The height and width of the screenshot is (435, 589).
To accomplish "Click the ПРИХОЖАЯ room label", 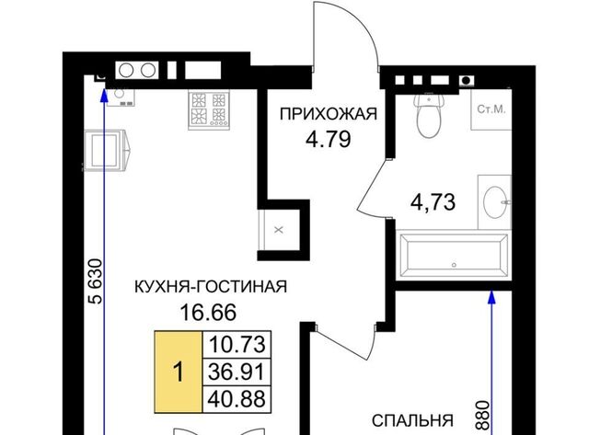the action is pos(329,113).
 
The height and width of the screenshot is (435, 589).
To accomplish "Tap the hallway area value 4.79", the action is pos(329,139).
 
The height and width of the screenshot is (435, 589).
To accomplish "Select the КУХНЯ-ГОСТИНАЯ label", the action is pos(211,287).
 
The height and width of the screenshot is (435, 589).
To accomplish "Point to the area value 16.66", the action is pos(209,313).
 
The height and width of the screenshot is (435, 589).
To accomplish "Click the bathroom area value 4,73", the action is pos(433,202).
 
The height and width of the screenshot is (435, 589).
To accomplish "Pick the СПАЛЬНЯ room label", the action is pos(413,420).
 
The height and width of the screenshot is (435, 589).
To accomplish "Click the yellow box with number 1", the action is pos(179,372).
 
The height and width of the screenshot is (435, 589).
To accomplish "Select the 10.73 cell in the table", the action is pos(237,345).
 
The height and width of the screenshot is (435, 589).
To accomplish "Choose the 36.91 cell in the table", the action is pos(237,372).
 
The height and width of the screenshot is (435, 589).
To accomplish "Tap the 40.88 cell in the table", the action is pos(237,399).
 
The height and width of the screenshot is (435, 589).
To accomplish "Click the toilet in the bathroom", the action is pos(429,114).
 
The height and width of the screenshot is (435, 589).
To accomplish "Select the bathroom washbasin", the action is pos(495,202).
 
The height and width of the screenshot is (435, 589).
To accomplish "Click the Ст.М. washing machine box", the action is pos(491,109).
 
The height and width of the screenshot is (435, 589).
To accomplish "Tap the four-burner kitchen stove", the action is pos(209,110).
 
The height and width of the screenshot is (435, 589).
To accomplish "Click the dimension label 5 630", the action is pos(95,280).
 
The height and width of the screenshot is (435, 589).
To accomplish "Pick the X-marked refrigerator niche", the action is pos(279,230).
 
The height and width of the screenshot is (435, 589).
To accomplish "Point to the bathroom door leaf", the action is pos(372,186).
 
